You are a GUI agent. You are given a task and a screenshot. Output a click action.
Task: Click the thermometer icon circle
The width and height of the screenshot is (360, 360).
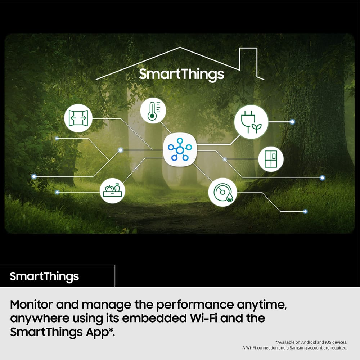click(153, 111)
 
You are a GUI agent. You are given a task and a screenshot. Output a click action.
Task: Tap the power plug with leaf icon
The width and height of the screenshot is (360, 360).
click(251, 122)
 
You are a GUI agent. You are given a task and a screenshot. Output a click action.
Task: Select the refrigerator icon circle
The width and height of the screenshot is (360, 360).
click(271, 159)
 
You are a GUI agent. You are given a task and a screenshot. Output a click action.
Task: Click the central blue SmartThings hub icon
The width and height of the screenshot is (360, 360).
click(180, 150)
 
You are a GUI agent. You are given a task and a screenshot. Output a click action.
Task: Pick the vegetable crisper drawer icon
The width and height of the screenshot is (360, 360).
click(112, 190)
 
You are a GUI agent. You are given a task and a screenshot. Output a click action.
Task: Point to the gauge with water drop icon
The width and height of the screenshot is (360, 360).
click(222, 192)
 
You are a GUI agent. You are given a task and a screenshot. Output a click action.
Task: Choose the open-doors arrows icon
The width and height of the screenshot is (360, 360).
click(78, 118)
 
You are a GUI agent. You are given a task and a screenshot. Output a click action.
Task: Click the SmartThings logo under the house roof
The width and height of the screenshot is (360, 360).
click(181, 75)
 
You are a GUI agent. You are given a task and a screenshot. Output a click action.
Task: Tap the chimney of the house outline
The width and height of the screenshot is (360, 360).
click(248, 48)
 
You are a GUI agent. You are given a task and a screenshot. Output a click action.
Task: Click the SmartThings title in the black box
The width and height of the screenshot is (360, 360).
click(44, 276)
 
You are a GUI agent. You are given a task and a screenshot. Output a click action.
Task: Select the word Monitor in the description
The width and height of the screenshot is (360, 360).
click(31, 305)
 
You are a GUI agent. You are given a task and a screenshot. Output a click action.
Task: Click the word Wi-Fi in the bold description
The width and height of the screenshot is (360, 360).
click(203, 318)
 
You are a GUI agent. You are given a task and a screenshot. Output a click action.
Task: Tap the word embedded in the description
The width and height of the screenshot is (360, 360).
click(154, 318)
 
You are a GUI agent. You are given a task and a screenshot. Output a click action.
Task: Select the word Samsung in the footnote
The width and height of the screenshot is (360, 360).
click(298, 348)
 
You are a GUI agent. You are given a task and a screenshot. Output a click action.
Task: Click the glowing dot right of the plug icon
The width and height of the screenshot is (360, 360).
click(292, 122)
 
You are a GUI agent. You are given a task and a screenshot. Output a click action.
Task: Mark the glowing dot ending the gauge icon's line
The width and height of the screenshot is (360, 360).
click(305, 211)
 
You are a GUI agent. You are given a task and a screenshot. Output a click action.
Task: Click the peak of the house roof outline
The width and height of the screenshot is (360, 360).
click(180, 47)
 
